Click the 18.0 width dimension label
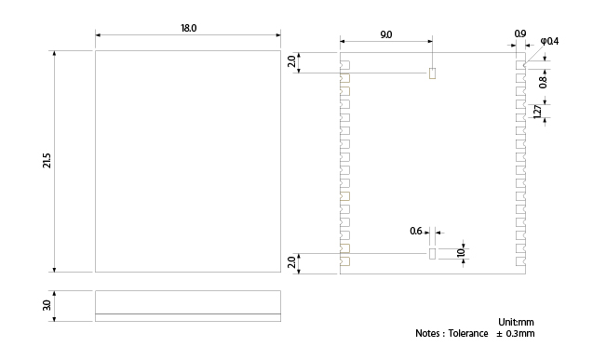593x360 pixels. (x=188, y=28)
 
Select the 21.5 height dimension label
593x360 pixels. (x=47, y=161)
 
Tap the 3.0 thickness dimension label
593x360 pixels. (x=47, y=305)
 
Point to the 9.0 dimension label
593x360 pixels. (x=385, y=34)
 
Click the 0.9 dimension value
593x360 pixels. (x=520, y=33)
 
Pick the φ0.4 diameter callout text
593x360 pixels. (x=549, y=41)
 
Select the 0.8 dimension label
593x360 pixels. (x=543, y=83)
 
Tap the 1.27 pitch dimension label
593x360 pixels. (x=537, y=112)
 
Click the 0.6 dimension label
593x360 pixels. (x=415, y=231)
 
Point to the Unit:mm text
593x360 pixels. (x=516, y=322)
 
